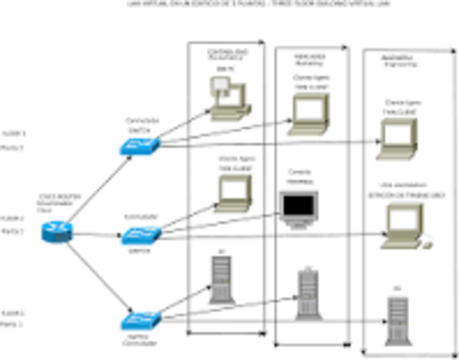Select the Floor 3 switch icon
click(x=139, y=146)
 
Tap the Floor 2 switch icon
click(x=139, y=236)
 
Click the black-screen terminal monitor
click(x=298, y=210)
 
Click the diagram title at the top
click(x=229, y=4)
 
